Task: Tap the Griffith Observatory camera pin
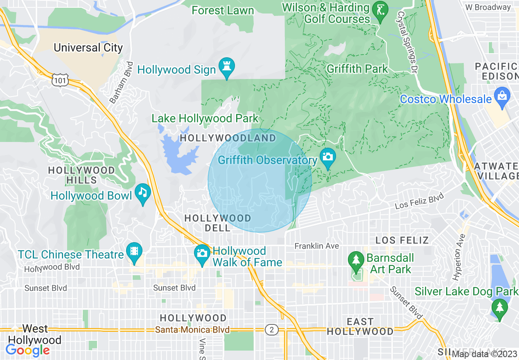tap(327, 157)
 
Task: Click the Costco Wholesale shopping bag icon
tap(501, 96)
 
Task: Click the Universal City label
tap(88, 48)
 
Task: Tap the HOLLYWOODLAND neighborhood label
tap(228, 138)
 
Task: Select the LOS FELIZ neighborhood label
tap(402, 240)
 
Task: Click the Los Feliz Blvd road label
tap(420, 201)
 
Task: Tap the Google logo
tap(27, 350)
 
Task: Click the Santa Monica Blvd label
tap(192, 330)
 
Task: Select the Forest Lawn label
tap(223, 10)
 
